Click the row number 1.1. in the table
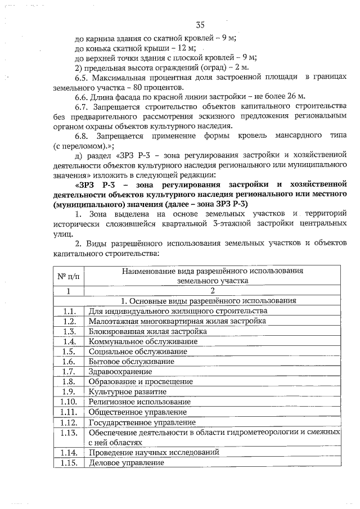[x=69, y=310]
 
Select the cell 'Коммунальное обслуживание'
[x=143, y=341]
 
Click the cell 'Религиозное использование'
[x=139, y=402]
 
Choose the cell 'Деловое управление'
[x=127, y=463]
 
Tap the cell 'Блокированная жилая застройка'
[x=147, y=331]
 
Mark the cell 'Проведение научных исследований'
[x=154, y=452]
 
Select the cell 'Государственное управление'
[x=142, y=422]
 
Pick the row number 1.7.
[x=69, y=372]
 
